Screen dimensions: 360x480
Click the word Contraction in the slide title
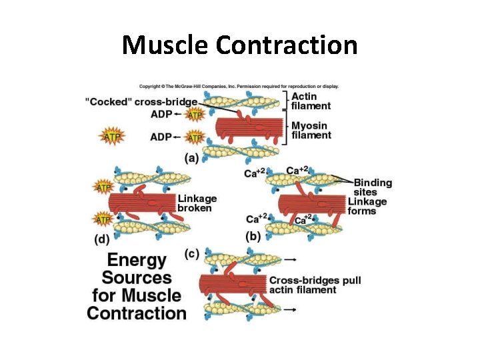(287, 45)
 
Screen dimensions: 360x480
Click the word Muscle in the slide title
(166, 45)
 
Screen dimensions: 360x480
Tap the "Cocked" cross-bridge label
(141, 102)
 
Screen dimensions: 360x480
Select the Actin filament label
(311, 101)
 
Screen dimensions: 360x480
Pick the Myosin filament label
(311, 130)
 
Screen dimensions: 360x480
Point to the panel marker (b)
(253, 235)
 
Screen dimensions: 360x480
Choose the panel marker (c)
(192, 253)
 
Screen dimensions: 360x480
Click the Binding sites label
(373, 187)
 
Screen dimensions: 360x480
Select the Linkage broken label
(197, 203)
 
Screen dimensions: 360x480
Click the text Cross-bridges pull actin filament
(315, 285)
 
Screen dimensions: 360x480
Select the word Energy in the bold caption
(137, 260)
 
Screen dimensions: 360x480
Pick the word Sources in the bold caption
(137, 278)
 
